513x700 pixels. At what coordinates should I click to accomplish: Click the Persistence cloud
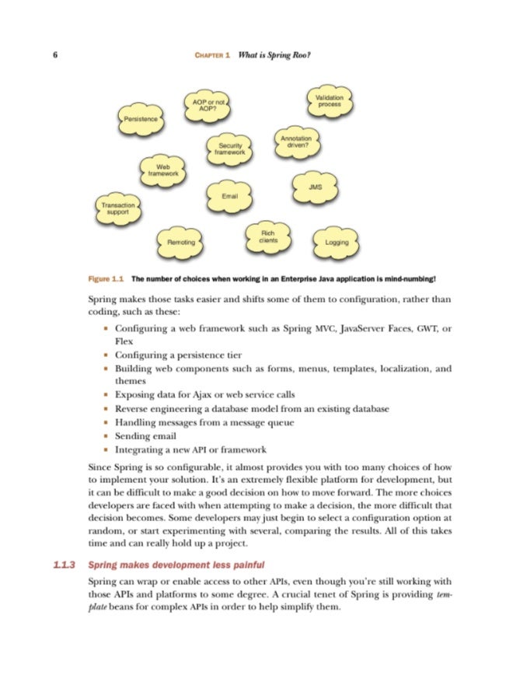tap(141, 119)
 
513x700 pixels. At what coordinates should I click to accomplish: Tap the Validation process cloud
tap(330, 100)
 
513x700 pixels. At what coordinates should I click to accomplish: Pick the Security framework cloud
tap(230, 149)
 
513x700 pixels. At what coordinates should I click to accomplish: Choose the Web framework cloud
tap(163, 170)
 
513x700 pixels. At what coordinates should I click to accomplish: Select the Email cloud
tap(229, 196)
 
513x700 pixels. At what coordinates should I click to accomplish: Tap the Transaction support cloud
tap(117, 208)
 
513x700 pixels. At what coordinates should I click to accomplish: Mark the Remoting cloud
tap(181, 243)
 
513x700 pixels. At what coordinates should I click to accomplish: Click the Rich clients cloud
tap(268, 237)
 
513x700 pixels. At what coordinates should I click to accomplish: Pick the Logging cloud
tap(337, 242)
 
